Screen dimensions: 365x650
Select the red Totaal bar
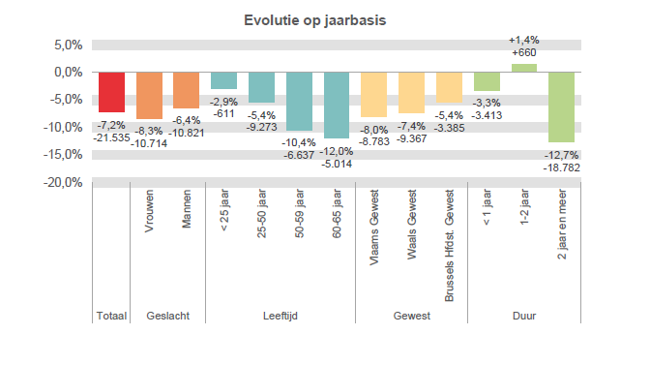[x=111, y=92]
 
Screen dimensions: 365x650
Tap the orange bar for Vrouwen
[x=149, y=95]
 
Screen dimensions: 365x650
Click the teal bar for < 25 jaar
[x=224, y=80]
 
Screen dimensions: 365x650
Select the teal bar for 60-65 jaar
[x=337, y=105]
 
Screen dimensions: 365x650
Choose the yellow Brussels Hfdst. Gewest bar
[x=449, y=87]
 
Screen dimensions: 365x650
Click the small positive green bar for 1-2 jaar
[x=524, y=68]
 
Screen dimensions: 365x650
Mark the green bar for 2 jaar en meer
[x=561, y=106]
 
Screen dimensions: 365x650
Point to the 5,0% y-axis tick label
[x=68, y=45]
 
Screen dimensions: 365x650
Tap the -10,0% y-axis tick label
[x=63, y=127]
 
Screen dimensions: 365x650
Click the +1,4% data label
[x=523, y=40]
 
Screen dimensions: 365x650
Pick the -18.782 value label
[x=562, y=167]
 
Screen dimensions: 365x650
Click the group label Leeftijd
[x=280, y=316]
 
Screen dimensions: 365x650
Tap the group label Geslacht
[x=167, y=316]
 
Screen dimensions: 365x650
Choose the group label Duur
[x=523, y=316]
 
